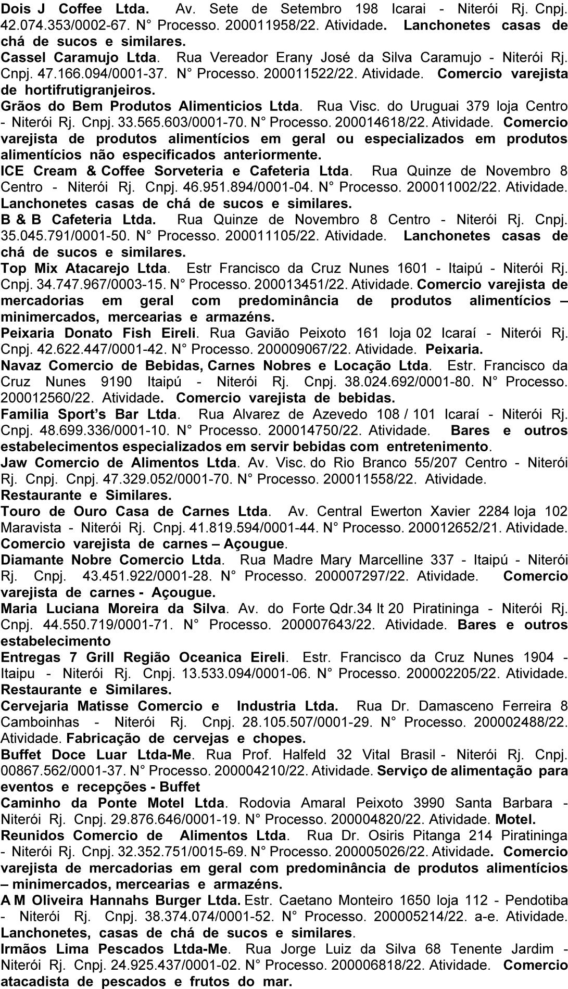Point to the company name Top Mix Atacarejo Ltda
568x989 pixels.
[x=85, y=268]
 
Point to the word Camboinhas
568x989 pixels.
[x=40, y=722]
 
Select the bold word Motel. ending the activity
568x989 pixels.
[x=515, y=819]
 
